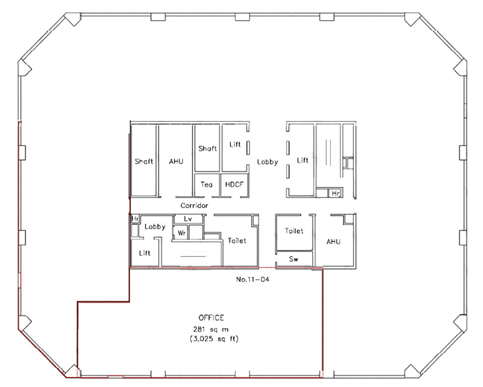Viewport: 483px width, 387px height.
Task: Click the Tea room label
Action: pyautogui.click(x=206, y=184)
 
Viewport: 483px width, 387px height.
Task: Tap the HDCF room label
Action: pyautogui.click(x=234, y=184)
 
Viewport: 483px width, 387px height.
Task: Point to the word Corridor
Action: pyautogui.click(x=194, y=206)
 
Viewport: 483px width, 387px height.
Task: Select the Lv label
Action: pyautogui.click(x=188, y=219)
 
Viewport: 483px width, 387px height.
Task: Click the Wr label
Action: pyautogui.click(x=182, y=233)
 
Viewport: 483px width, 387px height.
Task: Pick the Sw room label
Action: pyautogui.click(x=293, y=259)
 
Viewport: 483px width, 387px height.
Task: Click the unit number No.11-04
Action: pyautogui.click(x=253, y=279)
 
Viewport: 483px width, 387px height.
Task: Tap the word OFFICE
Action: pyautogui.click(x=211, y=318)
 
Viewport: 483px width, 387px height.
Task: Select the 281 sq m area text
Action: pyautogui.click(x=211, y=329)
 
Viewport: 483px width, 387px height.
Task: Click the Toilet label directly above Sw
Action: pyautogui.click(x=294, y=231)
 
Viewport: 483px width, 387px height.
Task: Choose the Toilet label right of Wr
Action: pyautogui.click(x=237, y=240)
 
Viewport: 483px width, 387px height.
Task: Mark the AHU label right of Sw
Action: pyautogui.click(x=333, y=242)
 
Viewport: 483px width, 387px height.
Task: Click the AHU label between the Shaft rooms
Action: pyautogui.click(x=176, y=161)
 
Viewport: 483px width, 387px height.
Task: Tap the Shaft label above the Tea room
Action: pyautogui.click(x=207, y=148)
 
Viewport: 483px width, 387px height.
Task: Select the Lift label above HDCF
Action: pyautogui.click(x=235, y=145)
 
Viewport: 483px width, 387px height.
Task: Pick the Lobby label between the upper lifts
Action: pyautogui.click(x=267, y=162)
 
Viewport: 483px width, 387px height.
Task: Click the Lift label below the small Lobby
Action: pyautogui.click(x=145, y=253)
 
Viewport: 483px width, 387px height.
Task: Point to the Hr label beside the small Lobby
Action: pyautogui.click(x=135, y=219)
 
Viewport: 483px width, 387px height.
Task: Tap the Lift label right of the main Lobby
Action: pyautogui.click(x=303, y=160)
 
